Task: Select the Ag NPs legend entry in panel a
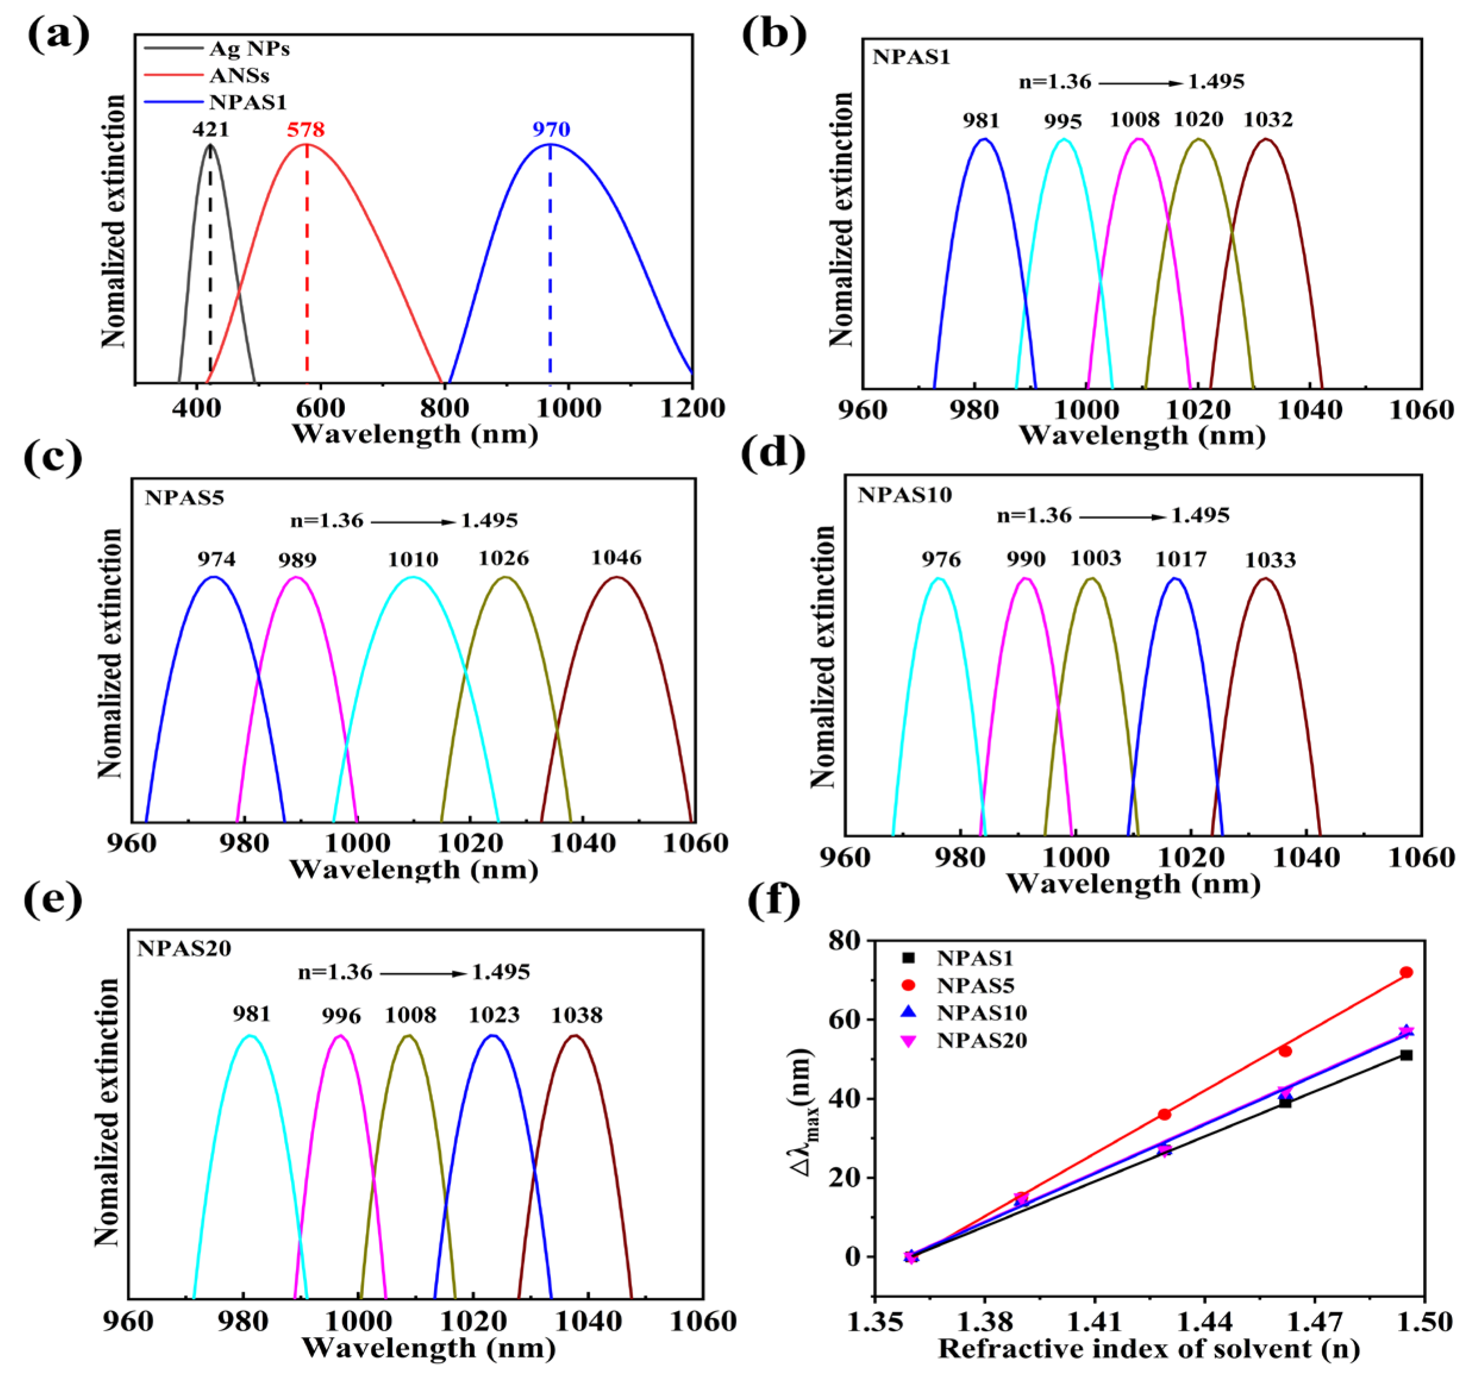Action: [x=249, y=49]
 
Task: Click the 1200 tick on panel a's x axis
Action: [x=692, y=408]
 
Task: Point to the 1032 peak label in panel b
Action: [x=1268, y=120]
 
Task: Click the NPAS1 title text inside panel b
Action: [x=912, y=57]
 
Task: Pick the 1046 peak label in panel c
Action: [x=616, y=558]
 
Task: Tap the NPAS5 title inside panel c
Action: [x=185, y=497]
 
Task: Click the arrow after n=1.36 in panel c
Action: [x=413, y=522]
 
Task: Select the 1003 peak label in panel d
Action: [x=1096, y=558]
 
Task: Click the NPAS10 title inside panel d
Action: [x=905, y=495]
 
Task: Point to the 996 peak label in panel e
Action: [x=341, y=1016]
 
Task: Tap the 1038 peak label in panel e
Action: [x=577, y=1015]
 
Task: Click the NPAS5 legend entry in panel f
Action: [x=975, y=986]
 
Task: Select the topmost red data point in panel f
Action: [x=1406, y=972]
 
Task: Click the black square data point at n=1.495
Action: [x=1406, y=1055]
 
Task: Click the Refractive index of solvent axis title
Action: [x=1149, y=1349]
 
